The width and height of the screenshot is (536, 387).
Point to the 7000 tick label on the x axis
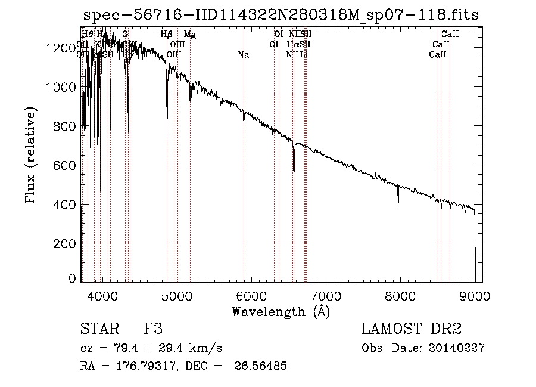click(x=326, y=295)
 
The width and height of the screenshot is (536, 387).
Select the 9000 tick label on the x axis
click(x=475, y=295)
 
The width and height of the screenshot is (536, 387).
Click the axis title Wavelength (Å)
click(x=281, y=311)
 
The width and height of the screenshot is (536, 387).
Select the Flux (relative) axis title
click(x=30, y=155)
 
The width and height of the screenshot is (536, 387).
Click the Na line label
click(x=243, y=55)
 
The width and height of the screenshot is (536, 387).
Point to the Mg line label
click(x=189, y=35)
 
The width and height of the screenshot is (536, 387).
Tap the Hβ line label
click(x=167, y=35)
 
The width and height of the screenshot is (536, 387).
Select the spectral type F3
click(x=154, y=330)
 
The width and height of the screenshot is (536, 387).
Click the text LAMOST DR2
click(x=412, y=330)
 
